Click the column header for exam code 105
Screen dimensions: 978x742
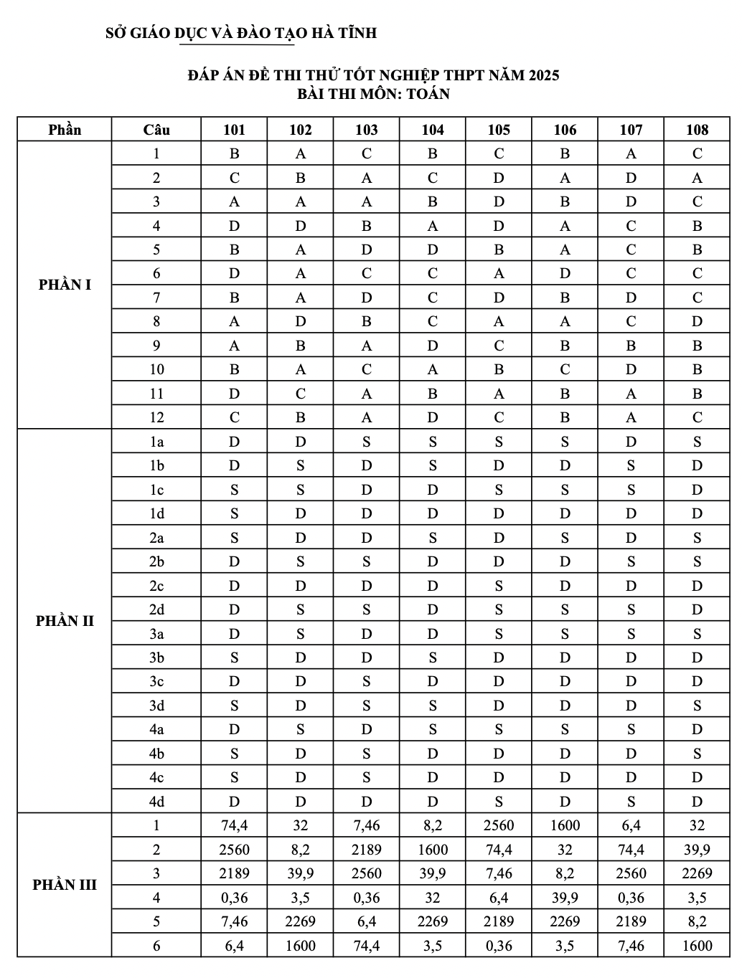coord(499,130)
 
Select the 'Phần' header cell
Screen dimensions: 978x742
coord(65,130)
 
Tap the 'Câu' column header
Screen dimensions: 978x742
coord(156,130)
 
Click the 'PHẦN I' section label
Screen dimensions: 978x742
coord(65,285)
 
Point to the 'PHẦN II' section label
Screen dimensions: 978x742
coord(65,621)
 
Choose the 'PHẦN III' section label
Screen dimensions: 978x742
coord(65,885)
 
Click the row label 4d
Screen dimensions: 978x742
coord(156,802)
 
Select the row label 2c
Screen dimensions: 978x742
coord(156,586)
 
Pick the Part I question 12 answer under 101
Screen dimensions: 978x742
coord(235,417)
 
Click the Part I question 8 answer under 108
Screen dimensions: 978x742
coord(697,321)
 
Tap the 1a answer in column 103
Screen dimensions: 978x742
coord(367,442)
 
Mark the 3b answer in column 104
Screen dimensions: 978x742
coord(433,657)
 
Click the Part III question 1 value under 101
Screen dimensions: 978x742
coord(235,825)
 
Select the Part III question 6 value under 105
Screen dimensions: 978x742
coord(499,946)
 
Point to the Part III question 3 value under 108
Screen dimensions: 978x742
coord(697,873)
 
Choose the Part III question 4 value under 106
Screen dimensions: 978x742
coord(565,898)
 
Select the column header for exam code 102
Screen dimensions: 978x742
coord(301,130)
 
